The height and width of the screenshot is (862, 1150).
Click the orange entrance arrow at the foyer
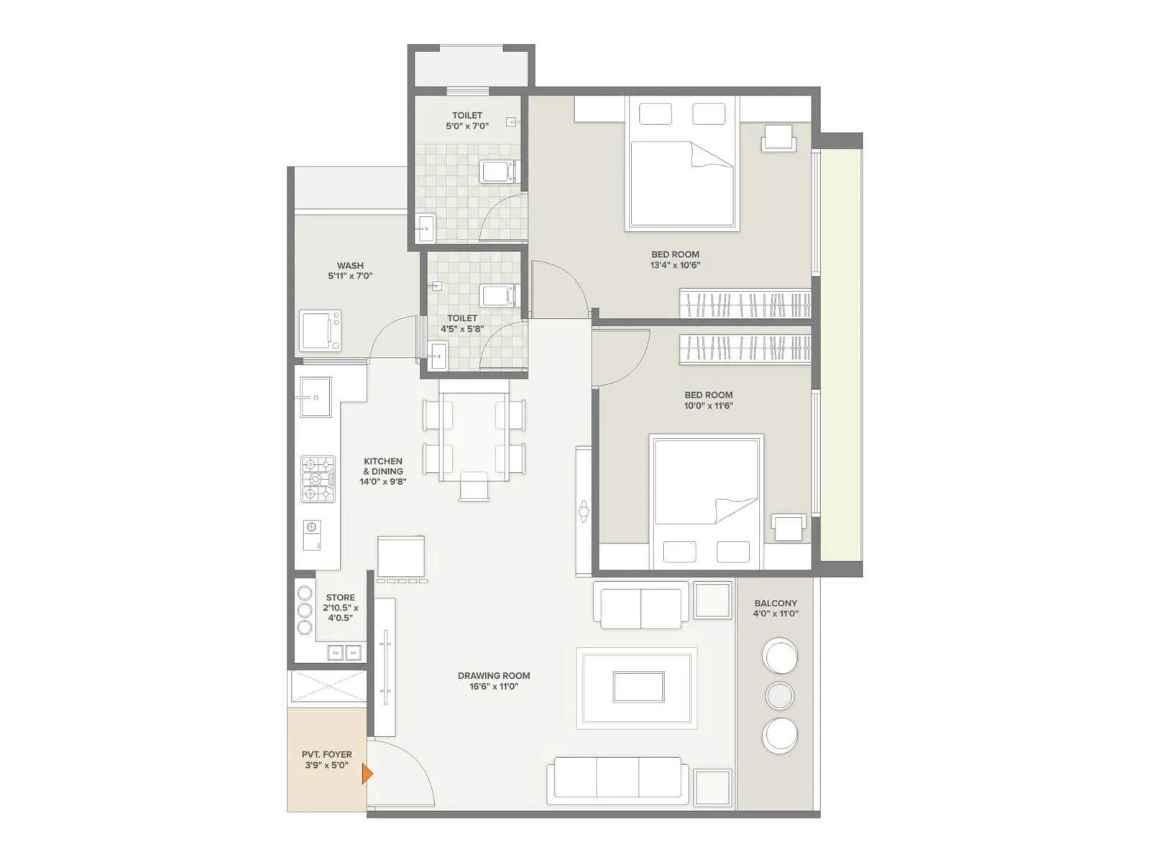click(x=367, y=774)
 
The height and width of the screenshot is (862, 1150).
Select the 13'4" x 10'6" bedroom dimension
click(x=675, y=265)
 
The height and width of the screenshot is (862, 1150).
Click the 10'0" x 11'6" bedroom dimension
click(x=708, y=406)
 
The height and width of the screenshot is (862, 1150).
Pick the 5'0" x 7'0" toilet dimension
click(x=467, y=126)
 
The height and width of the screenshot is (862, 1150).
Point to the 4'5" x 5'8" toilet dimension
click(x=462, y=329)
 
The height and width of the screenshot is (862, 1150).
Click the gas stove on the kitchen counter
click(x=316, y=479)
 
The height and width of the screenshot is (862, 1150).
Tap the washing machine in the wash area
click(x=320, y=330)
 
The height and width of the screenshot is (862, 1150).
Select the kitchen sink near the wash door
click(x=315, y=397)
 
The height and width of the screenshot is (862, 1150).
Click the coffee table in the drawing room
click(x=638, y=687)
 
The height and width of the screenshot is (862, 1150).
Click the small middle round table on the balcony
click(x=780, y=695)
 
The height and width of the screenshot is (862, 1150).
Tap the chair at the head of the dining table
click(x=474, y=486)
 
